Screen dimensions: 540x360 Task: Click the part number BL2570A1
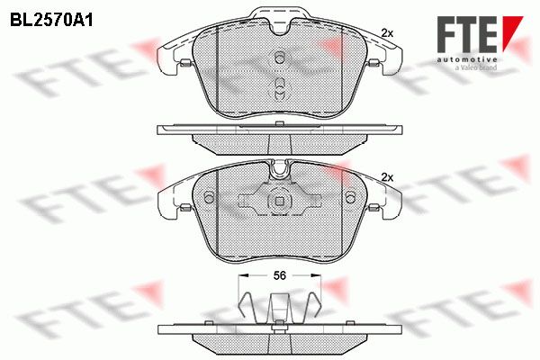(x=51, y=21)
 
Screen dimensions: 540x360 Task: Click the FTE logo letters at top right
(x=467, y=34)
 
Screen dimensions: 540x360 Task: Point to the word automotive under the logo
(x=467, y=60)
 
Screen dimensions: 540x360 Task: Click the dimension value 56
(x=280, y=275)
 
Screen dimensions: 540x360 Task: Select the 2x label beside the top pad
(x=387, y=33)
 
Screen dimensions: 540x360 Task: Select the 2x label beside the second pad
(x=387, y=178)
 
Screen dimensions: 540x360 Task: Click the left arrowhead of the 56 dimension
(x=243, y=274)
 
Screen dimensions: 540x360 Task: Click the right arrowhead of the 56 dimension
(x=316, y=274)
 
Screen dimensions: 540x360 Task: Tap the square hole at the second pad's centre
(x=280, y=201)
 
